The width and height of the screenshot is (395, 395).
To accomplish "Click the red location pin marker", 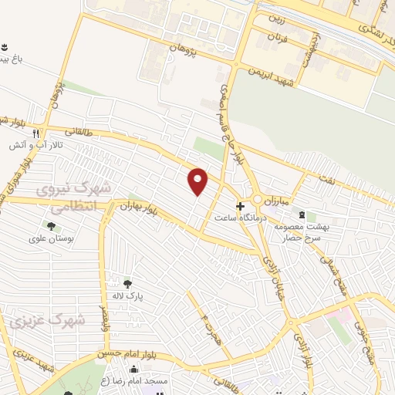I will point(199,181).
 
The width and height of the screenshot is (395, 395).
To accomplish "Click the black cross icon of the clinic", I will point(241,207).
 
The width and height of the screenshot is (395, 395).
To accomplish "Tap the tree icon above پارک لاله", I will point(127,283).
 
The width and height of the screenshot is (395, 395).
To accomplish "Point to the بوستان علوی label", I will point(52,240).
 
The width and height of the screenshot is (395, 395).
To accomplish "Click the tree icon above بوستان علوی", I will point(52,227).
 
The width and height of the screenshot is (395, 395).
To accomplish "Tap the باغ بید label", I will point(17,56).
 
